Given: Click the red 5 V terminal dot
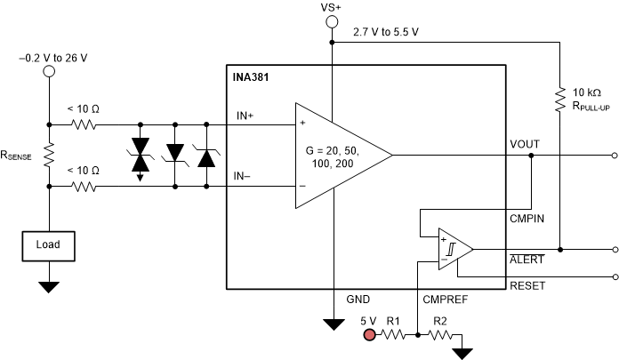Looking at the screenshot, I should point(366,335).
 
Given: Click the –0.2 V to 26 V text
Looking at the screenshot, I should point(51,57).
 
